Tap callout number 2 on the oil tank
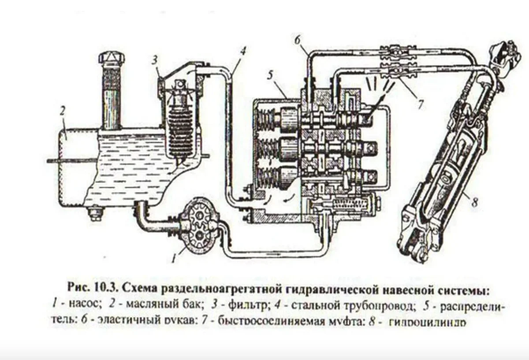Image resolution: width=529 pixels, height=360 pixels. pyautogui.click(x=63, y=110)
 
